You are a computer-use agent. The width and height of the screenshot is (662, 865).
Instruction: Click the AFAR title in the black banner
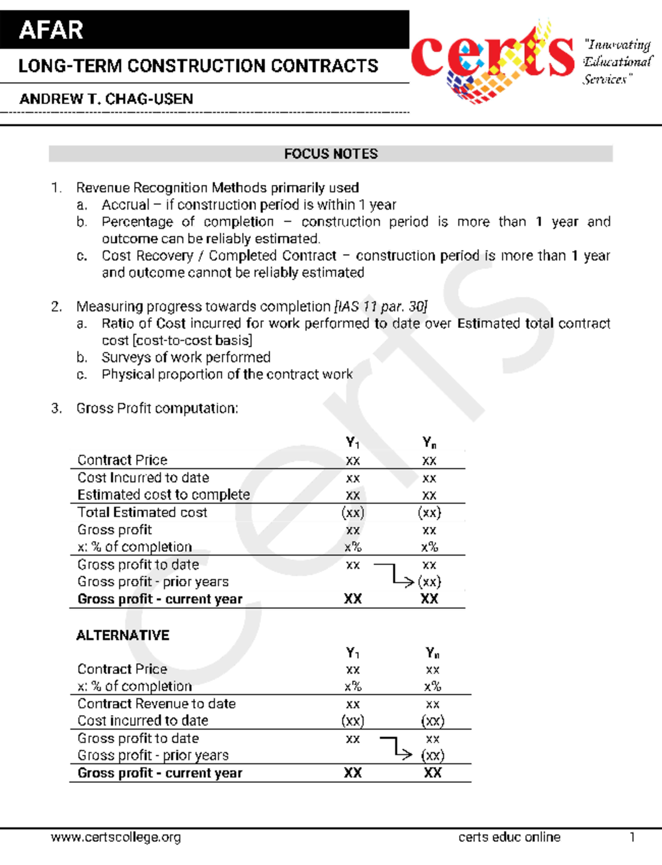[x=51, y=30]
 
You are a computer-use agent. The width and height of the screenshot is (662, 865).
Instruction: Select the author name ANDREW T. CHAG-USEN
[x=106, y=99]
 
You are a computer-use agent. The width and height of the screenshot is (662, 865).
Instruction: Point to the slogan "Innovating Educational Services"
[x=617, y=62]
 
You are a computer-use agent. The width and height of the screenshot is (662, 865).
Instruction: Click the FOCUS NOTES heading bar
[x=330, y=154]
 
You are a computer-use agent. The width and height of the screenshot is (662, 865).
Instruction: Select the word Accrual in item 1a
[x=125, y=205]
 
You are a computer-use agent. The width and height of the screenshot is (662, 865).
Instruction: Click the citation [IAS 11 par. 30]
[x=381, y=307]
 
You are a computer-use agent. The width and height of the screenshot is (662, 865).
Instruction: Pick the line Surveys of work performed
[x=186, y=358]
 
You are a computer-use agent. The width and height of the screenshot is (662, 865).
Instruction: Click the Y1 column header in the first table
[x=353, y=443]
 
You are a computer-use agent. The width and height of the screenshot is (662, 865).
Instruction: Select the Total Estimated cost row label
[x=142, y=513]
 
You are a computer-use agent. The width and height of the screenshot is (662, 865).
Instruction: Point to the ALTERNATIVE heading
[x=122, y=636]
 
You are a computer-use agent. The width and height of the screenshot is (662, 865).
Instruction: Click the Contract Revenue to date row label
[x=156, y=704]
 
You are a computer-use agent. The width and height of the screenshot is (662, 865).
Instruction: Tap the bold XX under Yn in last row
[x=433, y=773]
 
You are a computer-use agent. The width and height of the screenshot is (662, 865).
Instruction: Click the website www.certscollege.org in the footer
[x=116, y=837]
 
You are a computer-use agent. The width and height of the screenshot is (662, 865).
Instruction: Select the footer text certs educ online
[x=509, y=837]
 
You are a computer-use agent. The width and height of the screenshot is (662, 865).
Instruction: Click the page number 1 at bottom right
[x=632, y=837]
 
